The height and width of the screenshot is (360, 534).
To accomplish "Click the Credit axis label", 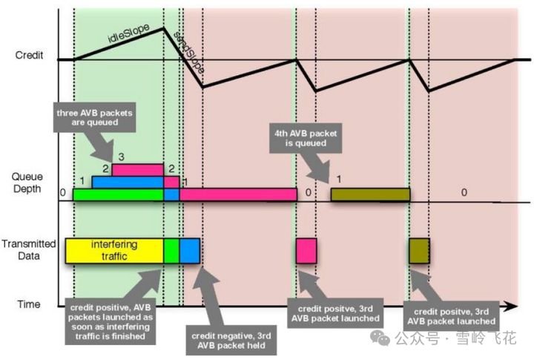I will (x=29, y=55).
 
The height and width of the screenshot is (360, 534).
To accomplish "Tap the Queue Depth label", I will (x=27, y=183).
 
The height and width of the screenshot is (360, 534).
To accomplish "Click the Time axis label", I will (x=29, y=304).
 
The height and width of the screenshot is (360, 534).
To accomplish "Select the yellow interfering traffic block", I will (x=114, y=249).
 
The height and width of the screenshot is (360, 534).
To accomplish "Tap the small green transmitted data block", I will (x=171, y=249).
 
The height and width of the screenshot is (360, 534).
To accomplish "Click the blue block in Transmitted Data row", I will (x=190, y=249).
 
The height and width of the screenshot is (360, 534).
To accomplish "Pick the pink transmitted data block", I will (x=306, y=249).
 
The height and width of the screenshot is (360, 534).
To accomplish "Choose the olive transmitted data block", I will (x=420, y=249).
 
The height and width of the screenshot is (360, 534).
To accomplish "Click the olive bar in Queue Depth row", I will (x=370, y=194).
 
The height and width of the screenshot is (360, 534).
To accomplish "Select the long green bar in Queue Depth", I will (x=119, y=194).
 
